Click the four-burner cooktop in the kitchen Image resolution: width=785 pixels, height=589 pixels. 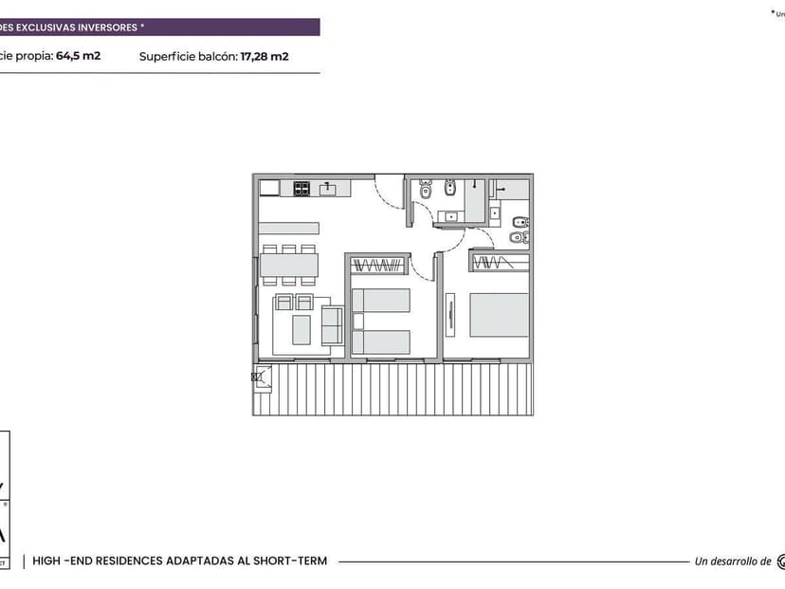pos(302,189)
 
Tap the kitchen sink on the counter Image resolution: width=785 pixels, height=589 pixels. pos(328,189)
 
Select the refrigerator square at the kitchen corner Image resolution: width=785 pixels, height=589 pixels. pos(269,188)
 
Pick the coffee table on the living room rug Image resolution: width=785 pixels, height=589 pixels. pos(301,329)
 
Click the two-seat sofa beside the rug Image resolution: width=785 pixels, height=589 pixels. pos(332,326)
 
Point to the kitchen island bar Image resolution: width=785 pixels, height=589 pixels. pos(288,228)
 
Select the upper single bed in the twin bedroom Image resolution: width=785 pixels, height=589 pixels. pos(382,301)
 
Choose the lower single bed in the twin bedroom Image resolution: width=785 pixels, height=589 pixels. pos(382,341)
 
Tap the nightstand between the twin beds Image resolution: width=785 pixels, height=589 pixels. pos(357,322)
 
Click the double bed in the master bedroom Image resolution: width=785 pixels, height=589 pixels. pos(500,314)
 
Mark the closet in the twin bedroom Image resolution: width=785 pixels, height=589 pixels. pos(377,263)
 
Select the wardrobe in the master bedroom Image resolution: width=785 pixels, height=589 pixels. pos(500,261)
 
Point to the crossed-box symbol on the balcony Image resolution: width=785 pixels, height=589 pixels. pos(256,377)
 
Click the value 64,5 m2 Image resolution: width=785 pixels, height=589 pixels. pos(78,56)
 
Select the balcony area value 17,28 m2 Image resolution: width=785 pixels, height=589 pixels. pos(265,56)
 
